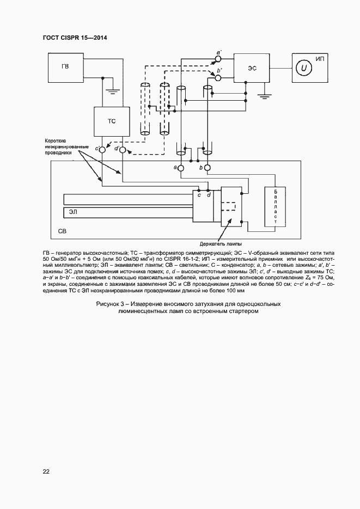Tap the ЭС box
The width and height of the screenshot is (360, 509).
coord(252,68)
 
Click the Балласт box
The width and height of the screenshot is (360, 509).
coord(276,206)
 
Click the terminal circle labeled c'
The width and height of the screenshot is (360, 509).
coord(101,149)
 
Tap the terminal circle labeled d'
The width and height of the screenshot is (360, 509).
coord(123,149)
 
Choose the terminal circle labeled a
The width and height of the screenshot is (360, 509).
coord(181,168)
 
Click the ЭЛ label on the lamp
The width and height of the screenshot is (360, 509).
coord(72,210)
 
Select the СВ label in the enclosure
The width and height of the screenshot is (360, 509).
coord(63,232)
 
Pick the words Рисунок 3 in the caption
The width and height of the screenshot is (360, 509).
coord(111,303)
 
